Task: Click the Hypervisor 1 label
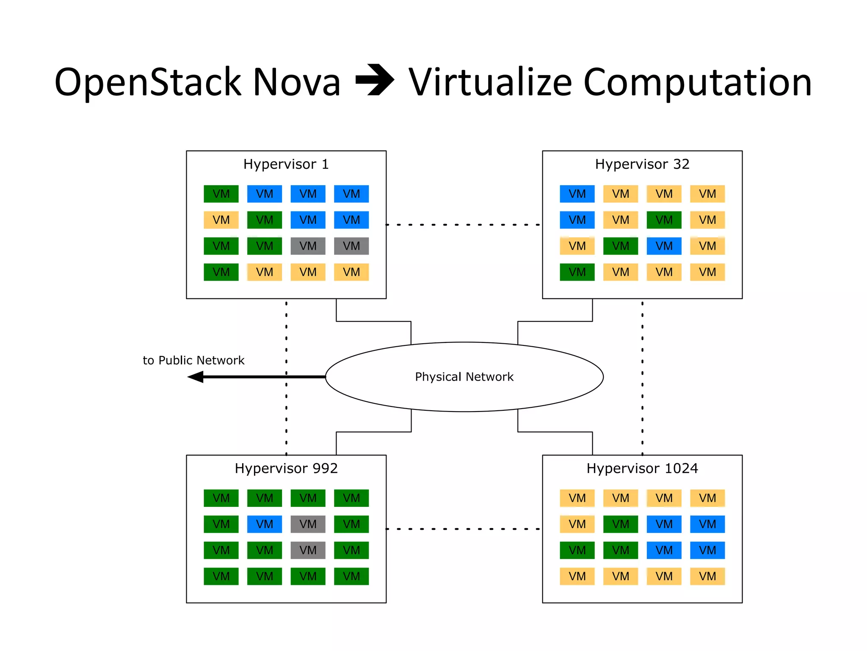[286, 164]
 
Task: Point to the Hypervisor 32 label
[642, 164]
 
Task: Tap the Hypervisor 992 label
[286, 468]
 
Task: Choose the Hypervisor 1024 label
[642, 468]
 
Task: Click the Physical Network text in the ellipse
[464, 377]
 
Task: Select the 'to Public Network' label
[193, 360]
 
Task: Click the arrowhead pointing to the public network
[196, 377]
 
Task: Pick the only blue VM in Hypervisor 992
[265, 524]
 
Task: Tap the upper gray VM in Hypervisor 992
[308, 524]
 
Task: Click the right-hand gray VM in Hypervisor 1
[351, 246]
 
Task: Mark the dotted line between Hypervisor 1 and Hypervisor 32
[464, 225]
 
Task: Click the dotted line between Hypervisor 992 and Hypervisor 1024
[464, 529]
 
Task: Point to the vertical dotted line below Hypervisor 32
[642, 377]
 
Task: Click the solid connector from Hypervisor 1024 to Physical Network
[555, 432]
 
